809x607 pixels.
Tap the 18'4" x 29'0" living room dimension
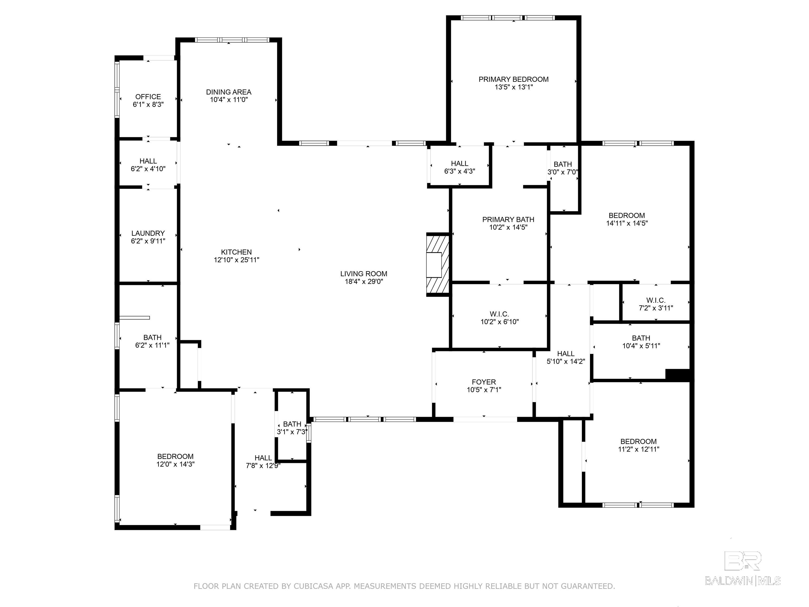pos(363,282)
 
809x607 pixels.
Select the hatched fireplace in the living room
pos(437,264)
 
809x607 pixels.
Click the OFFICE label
pos(148,97)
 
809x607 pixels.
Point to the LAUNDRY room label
pos(148,233)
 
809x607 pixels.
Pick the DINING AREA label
pos(229,92)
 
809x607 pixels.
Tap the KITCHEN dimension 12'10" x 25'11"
pos(236,260)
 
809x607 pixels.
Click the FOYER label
pos(484,382)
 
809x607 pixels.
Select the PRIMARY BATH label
pos(508,219)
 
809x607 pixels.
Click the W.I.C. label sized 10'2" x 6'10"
pos(499,314)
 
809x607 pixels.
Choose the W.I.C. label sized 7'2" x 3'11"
pos(655,300)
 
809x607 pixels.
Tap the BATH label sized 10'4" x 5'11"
pos(641,338)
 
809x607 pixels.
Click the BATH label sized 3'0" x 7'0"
pos(563,164)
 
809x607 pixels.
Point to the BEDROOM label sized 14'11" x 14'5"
pos(627,216)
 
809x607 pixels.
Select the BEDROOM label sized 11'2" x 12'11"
pos(638,442)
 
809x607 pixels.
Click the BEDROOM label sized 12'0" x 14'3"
pos(175,457)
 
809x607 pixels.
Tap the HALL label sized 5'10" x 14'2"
pos(565,354)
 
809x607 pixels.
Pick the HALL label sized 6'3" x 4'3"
pos(459,164)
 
